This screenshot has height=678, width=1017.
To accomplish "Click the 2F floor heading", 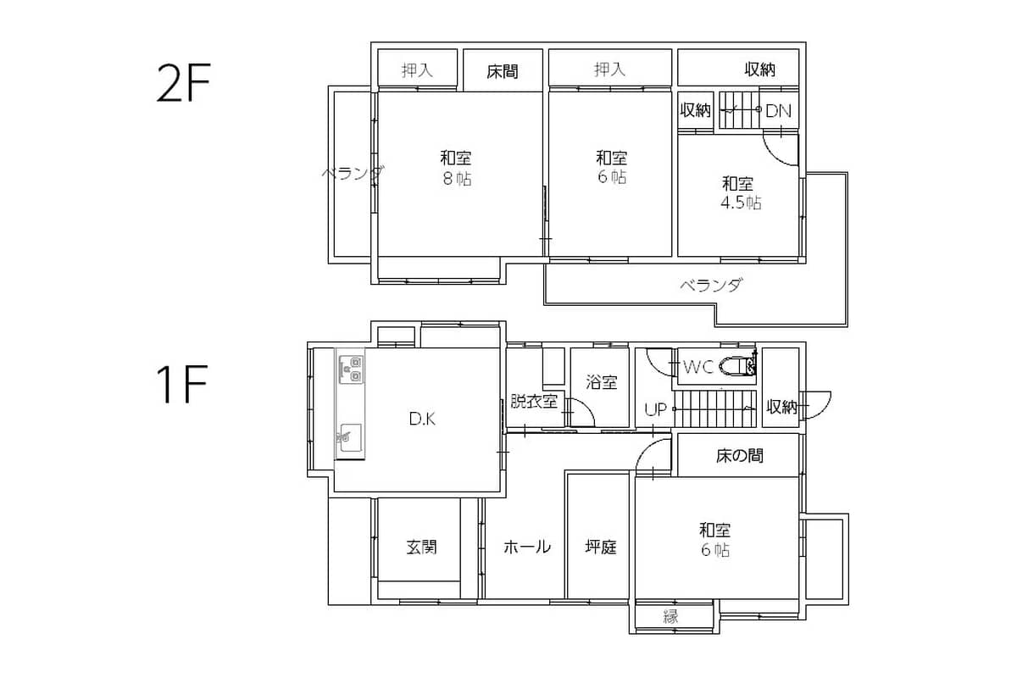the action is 183,83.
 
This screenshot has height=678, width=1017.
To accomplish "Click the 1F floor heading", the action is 182,384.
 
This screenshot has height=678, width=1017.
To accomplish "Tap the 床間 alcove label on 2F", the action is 503,71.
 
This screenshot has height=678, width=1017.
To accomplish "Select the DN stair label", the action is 778,111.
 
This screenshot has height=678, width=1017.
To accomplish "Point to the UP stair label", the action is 656,409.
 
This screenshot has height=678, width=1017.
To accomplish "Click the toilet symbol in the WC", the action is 739,365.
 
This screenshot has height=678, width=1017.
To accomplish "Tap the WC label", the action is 698,366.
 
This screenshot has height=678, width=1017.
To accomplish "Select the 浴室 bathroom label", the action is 602,382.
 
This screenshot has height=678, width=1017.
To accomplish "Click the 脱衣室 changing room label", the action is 535,401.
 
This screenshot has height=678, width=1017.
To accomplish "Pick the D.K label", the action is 422,419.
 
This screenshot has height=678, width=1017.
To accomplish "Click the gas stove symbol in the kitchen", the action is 352,370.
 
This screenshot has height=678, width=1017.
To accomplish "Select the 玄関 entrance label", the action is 422,547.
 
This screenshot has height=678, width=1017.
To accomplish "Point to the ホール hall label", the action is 527,547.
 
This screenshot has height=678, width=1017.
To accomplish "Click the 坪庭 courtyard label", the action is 601,547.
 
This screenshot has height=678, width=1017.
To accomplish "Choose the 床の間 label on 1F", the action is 740,455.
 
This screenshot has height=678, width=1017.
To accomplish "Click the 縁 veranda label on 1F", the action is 671,617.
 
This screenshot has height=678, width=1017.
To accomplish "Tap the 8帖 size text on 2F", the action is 457,179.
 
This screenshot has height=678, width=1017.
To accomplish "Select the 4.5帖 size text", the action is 741,203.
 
